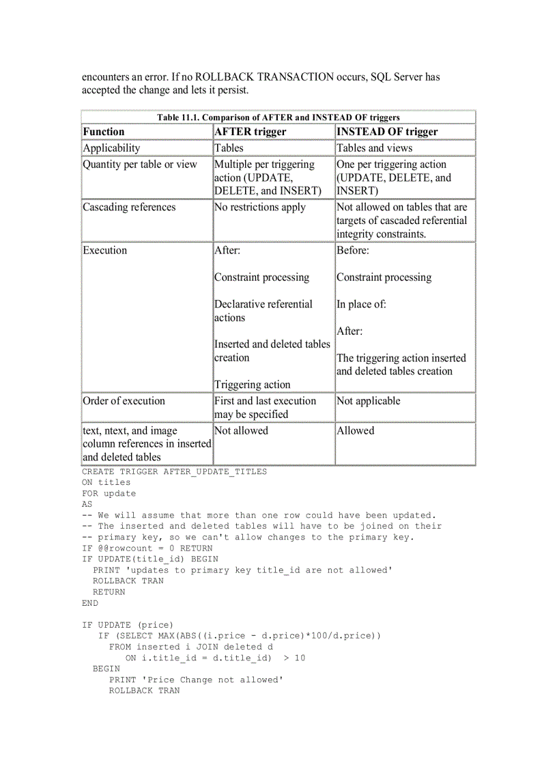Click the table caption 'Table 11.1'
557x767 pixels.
tap(278, 117)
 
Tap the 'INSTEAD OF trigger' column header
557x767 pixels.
tap(387, 132)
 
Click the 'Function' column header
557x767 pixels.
tap(104, 132)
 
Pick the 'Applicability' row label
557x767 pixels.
tap(111, 148)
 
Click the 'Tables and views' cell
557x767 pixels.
tap(374, 148)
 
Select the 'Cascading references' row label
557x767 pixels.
tap(129, 208)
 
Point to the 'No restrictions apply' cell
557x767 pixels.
tap(260, 208)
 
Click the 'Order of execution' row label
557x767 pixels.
tap(124, 401)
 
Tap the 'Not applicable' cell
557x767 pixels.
tap(368, 401)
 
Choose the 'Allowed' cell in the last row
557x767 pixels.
tap(355, 431)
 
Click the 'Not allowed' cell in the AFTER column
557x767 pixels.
tap(241, 431)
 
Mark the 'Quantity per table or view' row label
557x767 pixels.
tap(140, 165)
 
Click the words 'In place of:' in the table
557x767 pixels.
tap(361, 305)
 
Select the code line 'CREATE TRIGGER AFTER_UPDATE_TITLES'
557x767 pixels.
tap(174, 471)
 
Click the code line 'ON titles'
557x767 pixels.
tap(106, 482)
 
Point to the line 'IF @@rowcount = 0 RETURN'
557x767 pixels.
tap(147, 548)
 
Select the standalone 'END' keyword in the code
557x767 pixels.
tap(90, 603)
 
